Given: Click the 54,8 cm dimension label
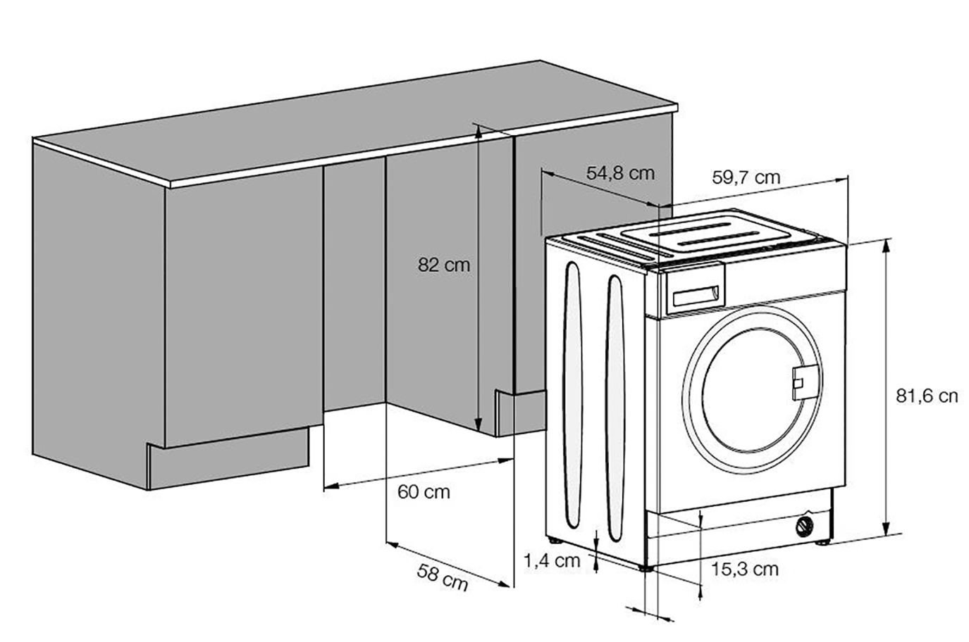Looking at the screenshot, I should point(620,173).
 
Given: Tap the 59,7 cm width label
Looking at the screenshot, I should point(746,177).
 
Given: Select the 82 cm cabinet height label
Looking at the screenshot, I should point(443,265).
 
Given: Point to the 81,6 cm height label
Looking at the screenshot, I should point(926,396).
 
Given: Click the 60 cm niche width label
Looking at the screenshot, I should point(424,491).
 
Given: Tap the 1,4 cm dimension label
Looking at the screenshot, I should point(552,560).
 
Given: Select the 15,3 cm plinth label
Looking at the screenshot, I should point(744,569).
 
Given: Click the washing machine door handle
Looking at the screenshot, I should point(803,380).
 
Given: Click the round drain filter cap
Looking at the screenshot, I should point(803,527).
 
